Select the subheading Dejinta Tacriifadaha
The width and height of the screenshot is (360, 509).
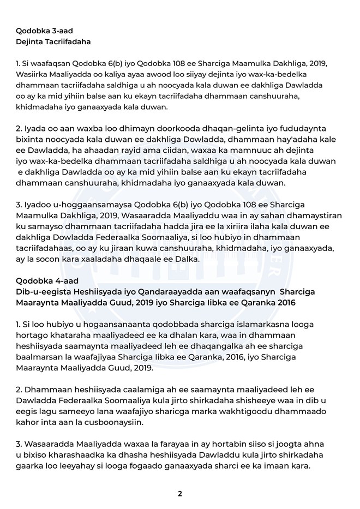coord(53,41)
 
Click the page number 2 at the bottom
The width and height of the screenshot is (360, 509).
coord(179,494)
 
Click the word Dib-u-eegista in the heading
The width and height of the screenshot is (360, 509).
coord(44,292)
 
